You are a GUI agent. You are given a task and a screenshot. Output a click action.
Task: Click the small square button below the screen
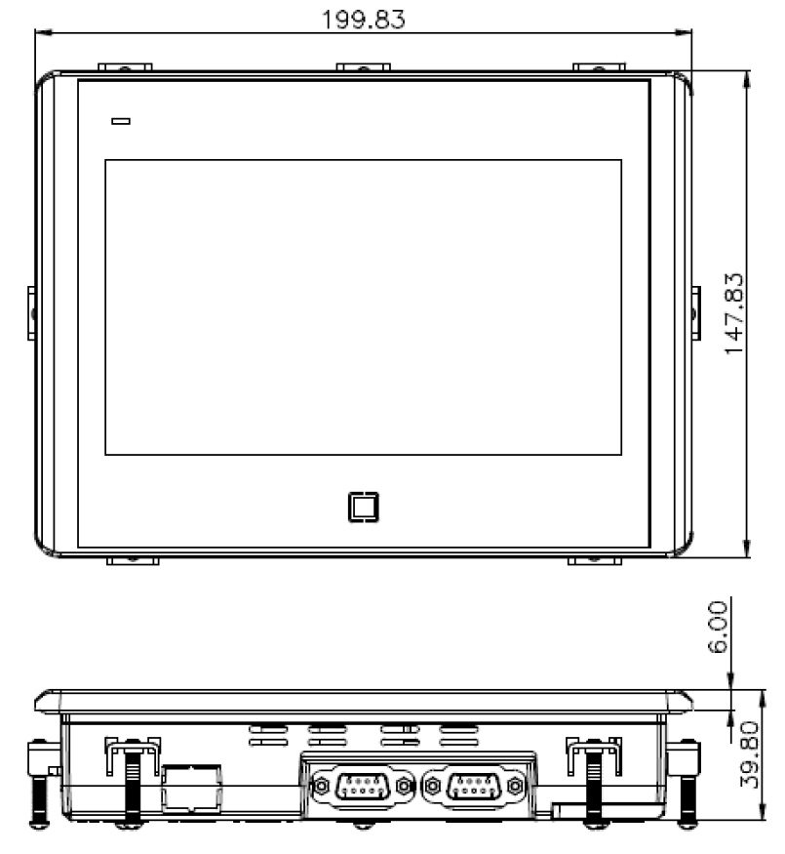[x=363, y=507]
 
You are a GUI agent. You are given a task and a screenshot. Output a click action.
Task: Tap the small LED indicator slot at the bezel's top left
[x=121, y=122]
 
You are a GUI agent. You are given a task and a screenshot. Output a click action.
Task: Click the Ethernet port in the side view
[x=192, y=787]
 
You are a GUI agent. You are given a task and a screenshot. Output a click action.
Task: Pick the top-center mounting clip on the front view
[x=363, y=67]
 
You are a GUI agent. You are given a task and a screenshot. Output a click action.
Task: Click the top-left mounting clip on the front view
[x=124, y=67]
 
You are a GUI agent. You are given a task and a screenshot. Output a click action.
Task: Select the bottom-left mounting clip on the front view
[x=131, y=561]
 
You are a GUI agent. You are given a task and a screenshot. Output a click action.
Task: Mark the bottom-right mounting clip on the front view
[x=595, y=561]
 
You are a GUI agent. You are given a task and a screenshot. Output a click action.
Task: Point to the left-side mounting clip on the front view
[x=31, y=313]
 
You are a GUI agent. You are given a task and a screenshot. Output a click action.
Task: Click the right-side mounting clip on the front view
[x=696, y=313]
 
